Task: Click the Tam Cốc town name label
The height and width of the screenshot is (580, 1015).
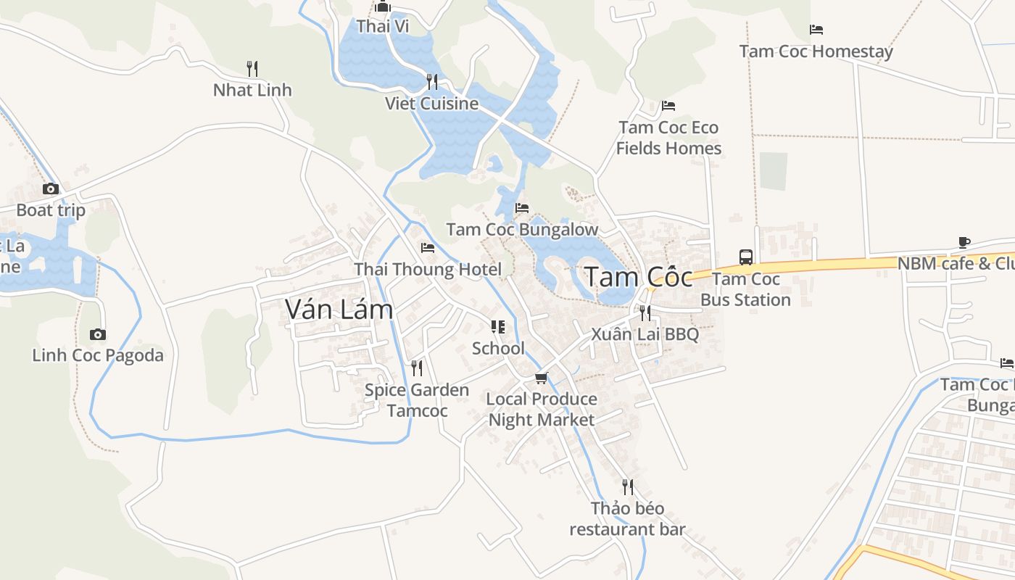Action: tap(638, 276)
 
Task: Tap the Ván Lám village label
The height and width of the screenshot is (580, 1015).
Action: tap(339, 310)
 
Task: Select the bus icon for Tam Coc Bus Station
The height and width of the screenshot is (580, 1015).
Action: tap(745, 257)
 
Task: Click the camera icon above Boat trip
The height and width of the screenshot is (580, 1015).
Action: tap(50, 189)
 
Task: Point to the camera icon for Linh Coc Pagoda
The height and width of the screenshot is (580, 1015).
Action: tap(97, 334)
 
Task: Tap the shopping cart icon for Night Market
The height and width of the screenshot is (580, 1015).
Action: tap(541, 378)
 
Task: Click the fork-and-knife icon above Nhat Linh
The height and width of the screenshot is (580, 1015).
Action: tap(252, 69)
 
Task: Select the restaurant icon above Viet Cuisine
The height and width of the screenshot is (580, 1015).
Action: tap(432, 81)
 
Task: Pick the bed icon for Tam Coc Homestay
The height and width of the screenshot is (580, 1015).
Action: tap(816, 30)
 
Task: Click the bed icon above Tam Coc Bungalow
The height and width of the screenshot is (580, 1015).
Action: tap(521, 208)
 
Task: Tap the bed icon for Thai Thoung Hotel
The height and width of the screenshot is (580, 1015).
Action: tap(427, 248)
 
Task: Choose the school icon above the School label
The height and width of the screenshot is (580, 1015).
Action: tap(497, 327)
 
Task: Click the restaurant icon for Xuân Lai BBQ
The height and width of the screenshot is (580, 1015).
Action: tap(645, 313)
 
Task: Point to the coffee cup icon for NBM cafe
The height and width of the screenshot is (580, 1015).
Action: tap(964, 242)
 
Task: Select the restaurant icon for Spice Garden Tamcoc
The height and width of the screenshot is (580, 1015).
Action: tap(416, 368)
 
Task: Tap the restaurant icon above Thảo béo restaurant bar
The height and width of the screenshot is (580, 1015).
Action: tap(628, 486)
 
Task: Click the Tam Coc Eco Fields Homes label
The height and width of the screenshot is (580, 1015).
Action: tap(668, 138)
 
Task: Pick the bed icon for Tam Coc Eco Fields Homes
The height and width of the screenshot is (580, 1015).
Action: tap(668, 106)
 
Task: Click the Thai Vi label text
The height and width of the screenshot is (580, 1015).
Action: tap(383, 27)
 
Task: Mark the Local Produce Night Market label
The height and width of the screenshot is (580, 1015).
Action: tap(542, 410)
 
